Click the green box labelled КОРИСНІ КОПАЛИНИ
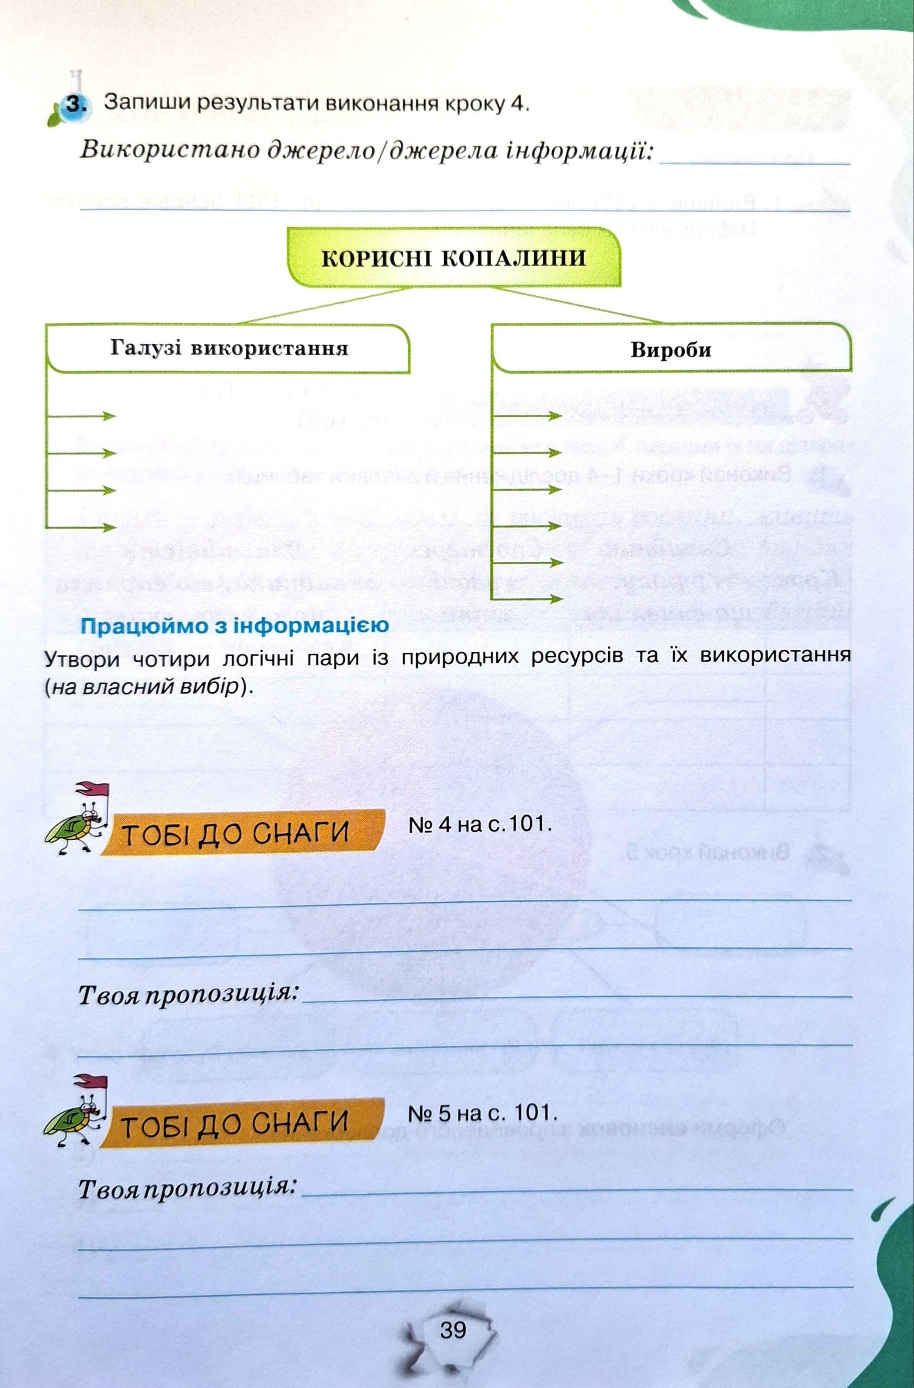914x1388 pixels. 453,258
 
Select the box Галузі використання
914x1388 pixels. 229,349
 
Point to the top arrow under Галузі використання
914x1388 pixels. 82,416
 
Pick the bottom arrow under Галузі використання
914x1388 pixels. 82,527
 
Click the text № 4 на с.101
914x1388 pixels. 480,824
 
